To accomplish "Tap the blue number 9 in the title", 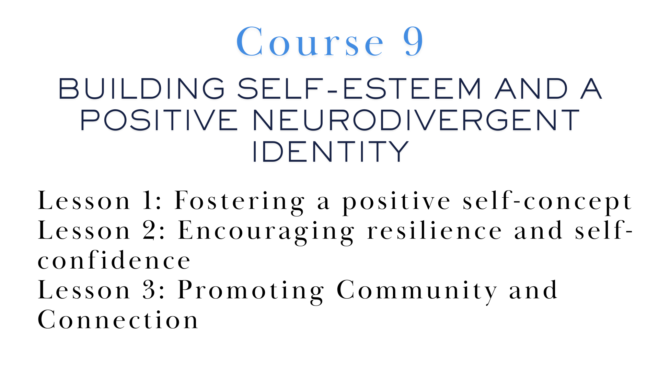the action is coord(413,41).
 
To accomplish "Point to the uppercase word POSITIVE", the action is coord(159,120).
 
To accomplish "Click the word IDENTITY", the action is coord(331,151).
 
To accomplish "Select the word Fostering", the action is coord(239,202).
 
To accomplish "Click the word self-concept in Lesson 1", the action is coord(547,202).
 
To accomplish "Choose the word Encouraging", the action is coord(266,232).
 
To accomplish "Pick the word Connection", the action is coord(118,320).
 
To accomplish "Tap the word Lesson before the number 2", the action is coord(84,230).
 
